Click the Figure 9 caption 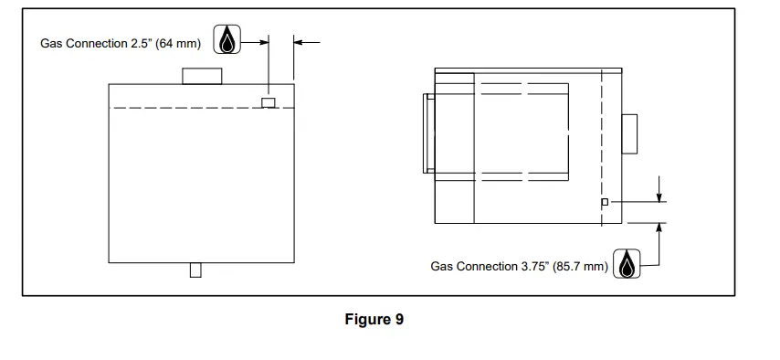point(374,320)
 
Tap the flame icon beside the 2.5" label point(227,41)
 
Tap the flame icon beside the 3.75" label point(627,265)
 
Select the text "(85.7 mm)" point(580,267)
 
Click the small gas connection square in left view point(269,102)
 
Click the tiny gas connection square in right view point(605,202)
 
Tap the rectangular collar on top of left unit point(203,76)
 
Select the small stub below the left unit point(195,270)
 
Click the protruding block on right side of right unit point(629,134)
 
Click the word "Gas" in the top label point(52,43)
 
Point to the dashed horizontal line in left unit point(183,109)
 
